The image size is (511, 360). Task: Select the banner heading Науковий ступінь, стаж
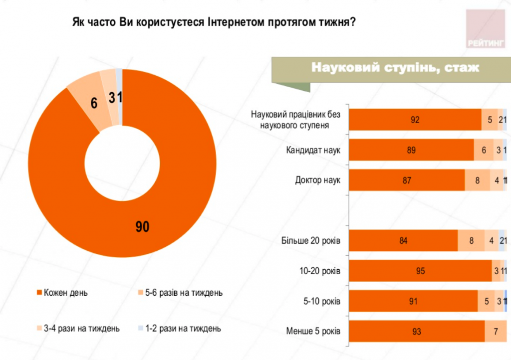[x=395, y=67]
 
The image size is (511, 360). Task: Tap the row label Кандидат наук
[x=313, y=150]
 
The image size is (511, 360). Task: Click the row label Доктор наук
[x=317, y=180]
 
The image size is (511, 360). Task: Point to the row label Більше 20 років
[x=310, y=241]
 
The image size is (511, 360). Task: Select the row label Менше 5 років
[x=313, y=331]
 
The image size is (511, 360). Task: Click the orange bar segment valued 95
[x=420, y=271]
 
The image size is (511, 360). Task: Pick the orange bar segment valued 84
[x=403, y=241]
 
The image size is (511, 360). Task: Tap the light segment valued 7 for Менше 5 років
[x=496, y=331]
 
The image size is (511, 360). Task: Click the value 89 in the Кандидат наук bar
[x=411, y=150]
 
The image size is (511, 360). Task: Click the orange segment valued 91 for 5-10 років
[x=413, y=301]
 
